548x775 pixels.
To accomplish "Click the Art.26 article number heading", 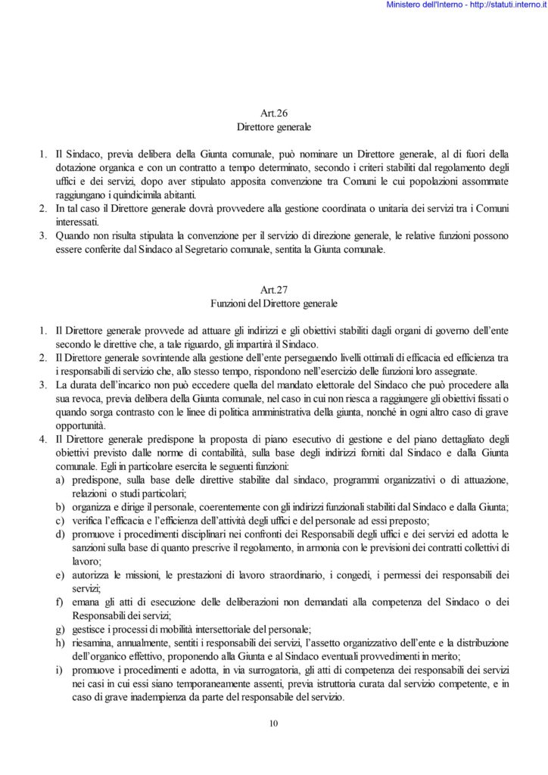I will point(273,113).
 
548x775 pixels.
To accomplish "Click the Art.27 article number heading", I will point(273,290).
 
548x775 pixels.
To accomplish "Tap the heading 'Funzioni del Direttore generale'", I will point(273,303).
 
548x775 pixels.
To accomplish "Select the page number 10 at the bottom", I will point(274,724).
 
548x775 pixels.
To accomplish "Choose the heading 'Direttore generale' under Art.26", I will point(273,126).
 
